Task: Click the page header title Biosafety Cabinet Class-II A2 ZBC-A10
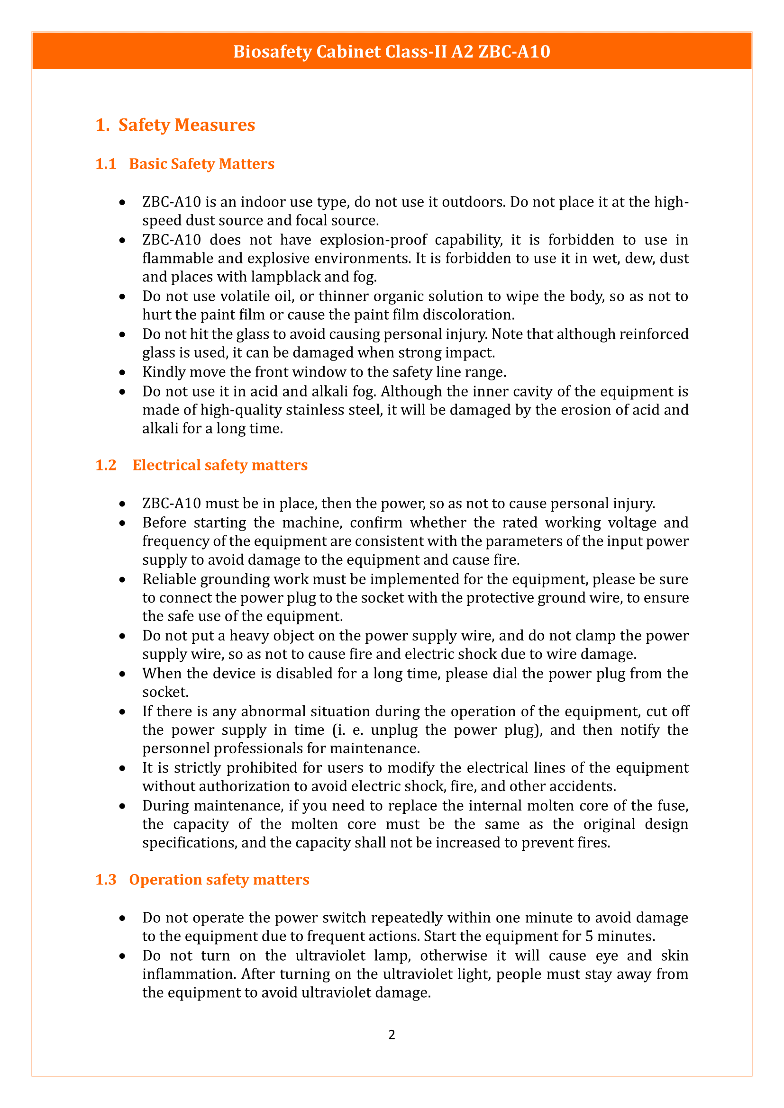point(392,52)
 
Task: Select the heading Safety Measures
point(186,125)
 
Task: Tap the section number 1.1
point(106,164)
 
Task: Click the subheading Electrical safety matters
point(219,465)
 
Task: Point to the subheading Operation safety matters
point(219,880)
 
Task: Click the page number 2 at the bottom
point(392,1035)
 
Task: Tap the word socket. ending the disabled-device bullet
point(165,693)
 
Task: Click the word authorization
point(251,787)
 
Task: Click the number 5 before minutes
point(589,936)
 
